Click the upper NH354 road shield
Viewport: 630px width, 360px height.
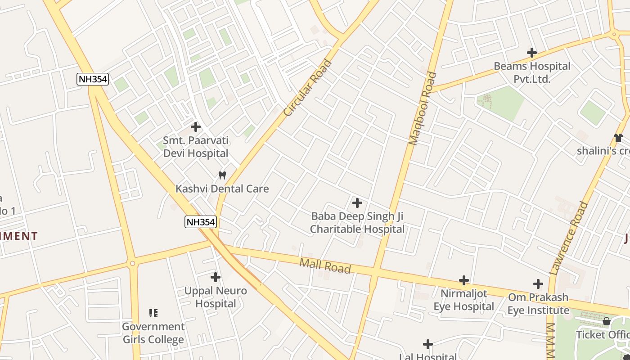coord(93,79)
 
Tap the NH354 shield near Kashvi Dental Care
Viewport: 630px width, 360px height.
coord(201,221)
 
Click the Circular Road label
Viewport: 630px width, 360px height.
coord(308,88)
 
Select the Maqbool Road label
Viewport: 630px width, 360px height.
coord(423,108)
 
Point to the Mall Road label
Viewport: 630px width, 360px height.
coord(325,265)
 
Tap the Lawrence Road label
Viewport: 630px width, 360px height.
coord(569,238)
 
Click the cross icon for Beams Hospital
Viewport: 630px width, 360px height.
coord(532,53)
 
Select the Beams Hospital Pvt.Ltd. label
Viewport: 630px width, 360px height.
coord(532,72)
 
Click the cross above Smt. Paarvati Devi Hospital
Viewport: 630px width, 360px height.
coord(196,127)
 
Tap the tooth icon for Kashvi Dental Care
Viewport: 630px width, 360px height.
coord(222,175)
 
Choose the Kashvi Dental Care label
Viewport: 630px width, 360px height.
coord(222,189)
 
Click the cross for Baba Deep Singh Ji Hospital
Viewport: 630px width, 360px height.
coord(357,203)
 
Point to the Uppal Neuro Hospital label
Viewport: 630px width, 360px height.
coord(216,297)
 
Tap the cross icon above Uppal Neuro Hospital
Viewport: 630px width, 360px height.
coord(216,277)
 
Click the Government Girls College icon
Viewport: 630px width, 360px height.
coord(153,313)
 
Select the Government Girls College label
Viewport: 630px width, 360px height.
coord(153,333)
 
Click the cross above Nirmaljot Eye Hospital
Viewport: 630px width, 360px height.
coord(464,280)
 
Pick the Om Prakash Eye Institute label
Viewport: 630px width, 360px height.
coord(539,304)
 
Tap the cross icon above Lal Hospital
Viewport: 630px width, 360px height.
coord(428,345)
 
